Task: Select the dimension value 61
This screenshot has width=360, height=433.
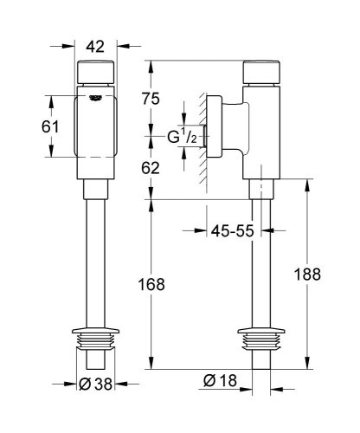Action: (51, 127)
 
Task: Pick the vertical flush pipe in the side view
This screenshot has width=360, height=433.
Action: (260, 260)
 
